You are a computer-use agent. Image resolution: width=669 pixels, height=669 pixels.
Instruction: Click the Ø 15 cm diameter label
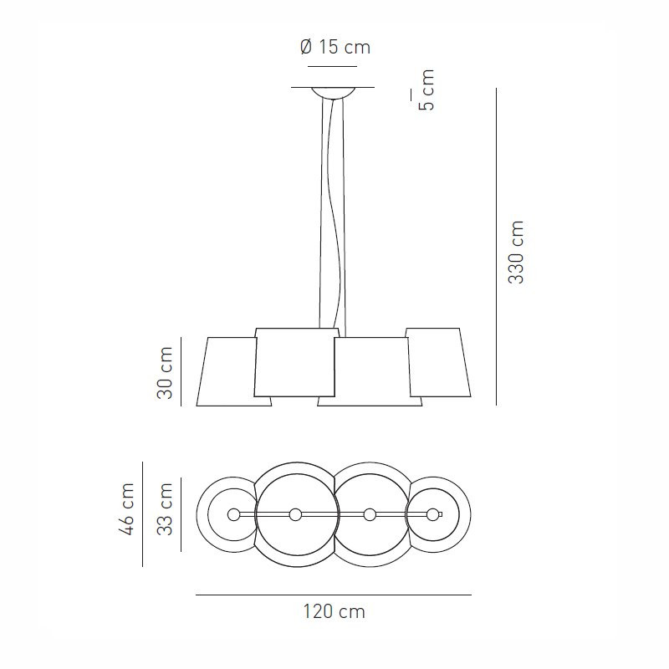point(334,48)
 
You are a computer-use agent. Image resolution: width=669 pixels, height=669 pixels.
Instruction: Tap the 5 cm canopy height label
point(426,90)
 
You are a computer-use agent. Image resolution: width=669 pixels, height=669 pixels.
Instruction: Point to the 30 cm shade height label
point(165,372)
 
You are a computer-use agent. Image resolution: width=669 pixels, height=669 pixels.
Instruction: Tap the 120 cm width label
point(334,612)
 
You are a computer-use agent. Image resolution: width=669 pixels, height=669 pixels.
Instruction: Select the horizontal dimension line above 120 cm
point(334,595)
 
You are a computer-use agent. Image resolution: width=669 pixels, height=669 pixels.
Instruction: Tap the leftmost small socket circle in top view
point(233,514)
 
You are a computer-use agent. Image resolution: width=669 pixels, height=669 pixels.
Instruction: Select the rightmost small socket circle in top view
point(432,514)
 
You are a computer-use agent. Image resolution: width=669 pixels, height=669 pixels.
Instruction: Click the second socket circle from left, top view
point(295,514)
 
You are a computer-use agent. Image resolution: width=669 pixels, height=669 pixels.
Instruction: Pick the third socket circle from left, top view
point(369,514)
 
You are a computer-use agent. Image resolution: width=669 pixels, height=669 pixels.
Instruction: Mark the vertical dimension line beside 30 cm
point(181,372)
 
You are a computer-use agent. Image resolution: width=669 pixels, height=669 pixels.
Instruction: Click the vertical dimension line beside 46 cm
point(142,514)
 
